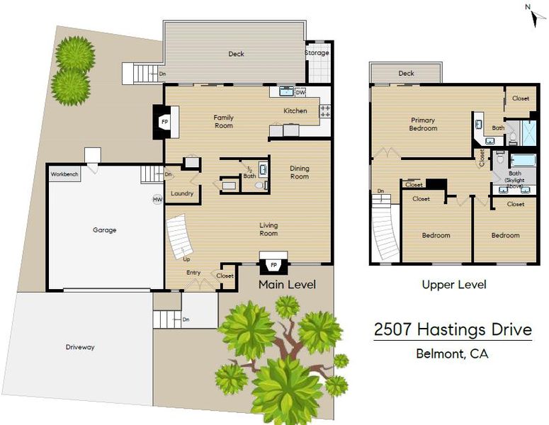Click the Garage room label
[x=104, y=230]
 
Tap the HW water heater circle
[x=157, y=200]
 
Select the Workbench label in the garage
[x=64, y=174]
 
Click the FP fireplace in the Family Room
[x=165, y=122]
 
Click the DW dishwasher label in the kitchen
[x=300, y=93]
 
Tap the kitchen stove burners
[x=325, y=111]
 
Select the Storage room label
[x=317, y=52]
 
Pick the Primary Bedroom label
[x=423, y=124]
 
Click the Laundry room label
[x=182, y=193]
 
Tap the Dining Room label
[x=300, y=172]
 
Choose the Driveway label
[x=80, y=347]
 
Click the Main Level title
[x=287, y=285]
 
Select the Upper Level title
[x=454, y=285]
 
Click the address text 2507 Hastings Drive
[x=453, y=329]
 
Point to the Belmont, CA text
[x=452, y=353]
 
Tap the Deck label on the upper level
[x=406, y=73]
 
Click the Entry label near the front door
[x=193, y=273]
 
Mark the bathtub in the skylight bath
[x=523, y=161]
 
